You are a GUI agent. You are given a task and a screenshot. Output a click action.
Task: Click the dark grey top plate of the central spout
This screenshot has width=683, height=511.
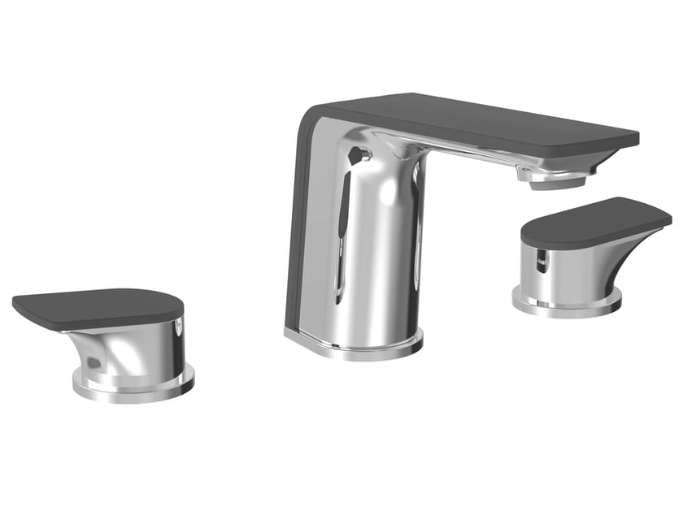(472, 122)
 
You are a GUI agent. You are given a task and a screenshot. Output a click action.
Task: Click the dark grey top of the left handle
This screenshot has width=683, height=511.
(98, 307)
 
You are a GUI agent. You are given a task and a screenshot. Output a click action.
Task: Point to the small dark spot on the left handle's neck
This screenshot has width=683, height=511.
(97, 358)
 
